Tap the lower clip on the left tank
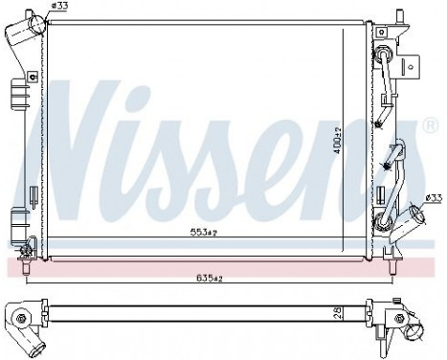click(x=15, y=218)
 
